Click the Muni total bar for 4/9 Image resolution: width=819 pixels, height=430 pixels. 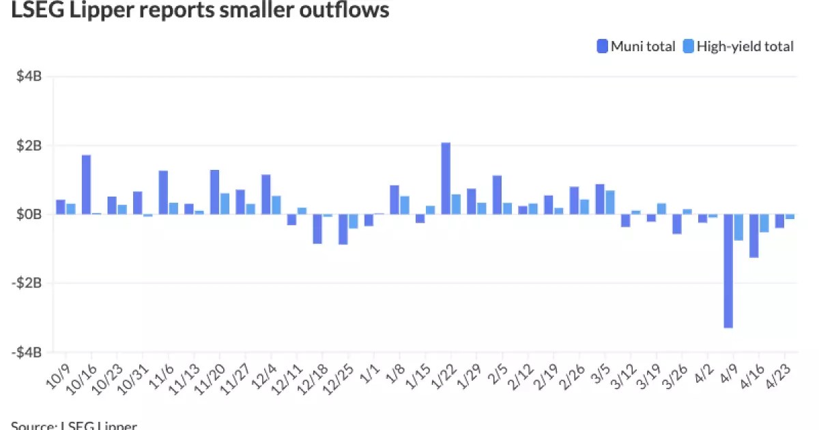(728, 271)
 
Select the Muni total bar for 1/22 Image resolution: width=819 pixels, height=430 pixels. (446, 178)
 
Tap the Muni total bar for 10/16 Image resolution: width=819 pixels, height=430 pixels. (86, 184)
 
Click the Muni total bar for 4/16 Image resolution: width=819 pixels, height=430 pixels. (753, 235)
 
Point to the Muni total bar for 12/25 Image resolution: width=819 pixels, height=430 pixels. (343, 229)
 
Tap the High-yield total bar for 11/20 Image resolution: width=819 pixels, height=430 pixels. (225, 203)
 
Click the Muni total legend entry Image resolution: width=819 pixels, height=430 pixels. (635, 46)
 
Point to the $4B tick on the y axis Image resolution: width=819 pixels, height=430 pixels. (29, 76)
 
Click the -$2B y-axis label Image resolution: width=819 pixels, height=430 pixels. (28, 283)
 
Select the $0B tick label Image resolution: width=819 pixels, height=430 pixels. (29, 214)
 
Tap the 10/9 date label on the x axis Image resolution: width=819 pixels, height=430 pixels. (57, 373)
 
